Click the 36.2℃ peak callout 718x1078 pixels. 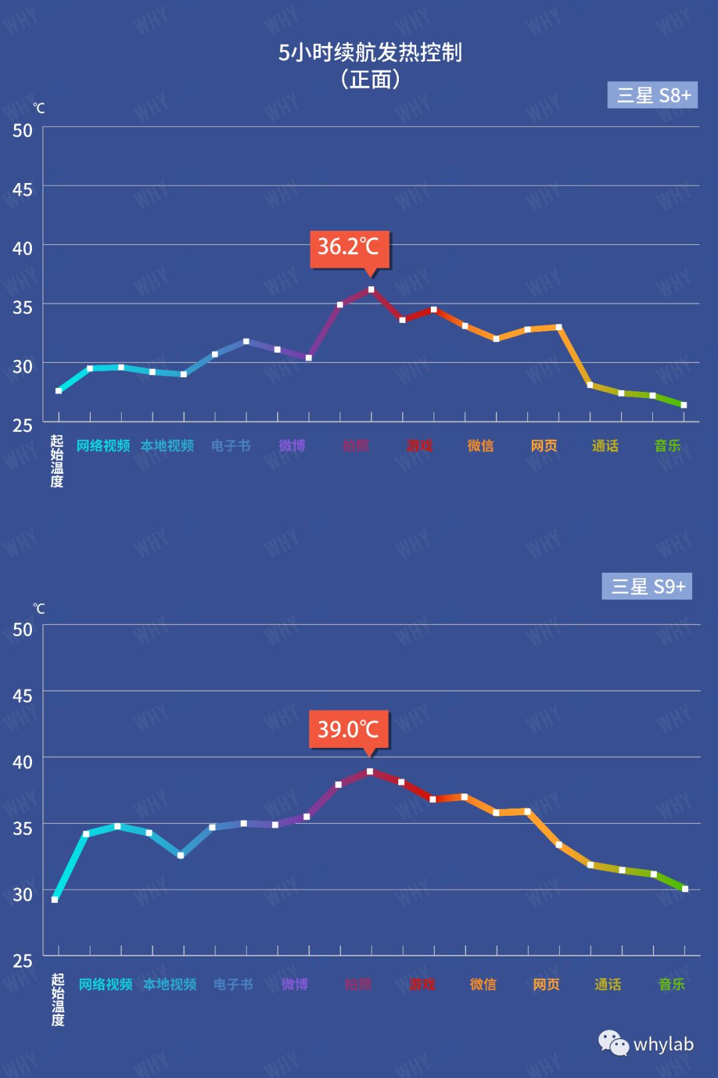349,248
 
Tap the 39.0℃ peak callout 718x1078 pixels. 348,729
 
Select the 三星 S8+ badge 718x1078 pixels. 653,95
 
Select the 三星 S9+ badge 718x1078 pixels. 647,586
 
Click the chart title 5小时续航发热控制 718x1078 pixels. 370,53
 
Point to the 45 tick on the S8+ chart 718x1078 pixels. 22,190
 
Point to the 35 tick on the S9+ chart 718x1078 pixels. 22,828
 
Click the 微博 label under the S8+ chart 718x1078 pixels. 292,446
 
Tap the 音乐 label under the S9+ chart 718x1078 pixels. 671,984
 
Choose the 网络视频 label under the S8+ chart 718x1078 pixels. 103,446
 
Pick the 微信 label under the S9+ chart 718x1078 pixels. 483,984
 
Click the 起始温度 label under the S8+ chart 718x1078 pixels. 57,460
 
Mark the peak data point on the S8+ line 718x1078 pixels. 371,289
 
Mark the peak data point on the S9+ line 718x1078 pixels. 370,771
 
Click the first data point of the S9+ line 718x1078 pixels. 55,900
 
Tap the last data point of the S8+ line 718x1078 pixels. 683,405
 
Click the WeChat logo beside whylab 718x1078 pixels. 613,1043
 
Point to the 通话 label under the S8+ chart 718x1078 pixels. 605,446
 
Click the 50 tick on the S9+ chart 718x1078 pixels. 22,629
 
